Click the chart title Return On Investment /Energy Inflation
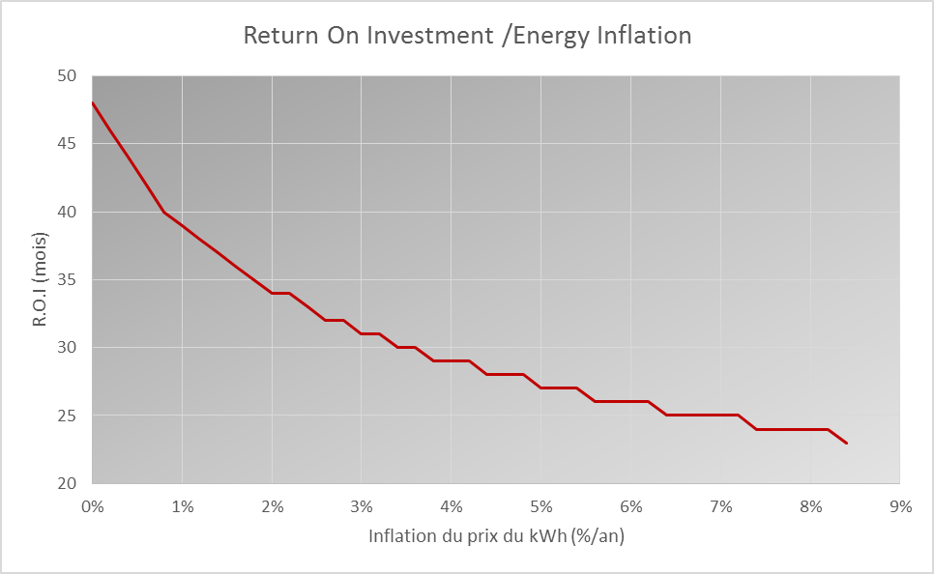[x=468, y=35]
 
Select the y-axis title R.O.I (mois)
[x=40, y=279]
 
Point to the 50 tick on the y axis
[x=68, y=75]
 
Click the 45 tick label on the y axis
[x=68, y=143]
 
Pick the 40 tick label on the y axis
[x=68, y=212]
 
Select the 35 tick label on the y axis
[x=68, y=279]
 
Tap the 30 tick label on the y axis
[x=68, y=347]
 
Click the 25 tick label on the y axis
[x=68, y=415]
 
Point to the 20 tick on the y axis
[x=68, y=483]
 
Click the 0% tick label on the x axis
[x=92, y=506]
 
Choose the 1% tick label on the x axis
[x=183, y=506]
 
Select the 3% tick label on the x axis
[x=362, y=506]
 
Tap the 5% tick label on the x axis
[x=540, y=506]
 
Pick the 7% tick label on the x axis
[x=720, y=506]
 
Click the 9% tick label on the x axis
[x=900, y=506]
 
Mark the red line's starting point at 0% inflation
[x=93, y=103]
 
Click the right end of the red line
[x=846, y=443]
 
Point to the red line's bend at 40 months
[x=163, y=212]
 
